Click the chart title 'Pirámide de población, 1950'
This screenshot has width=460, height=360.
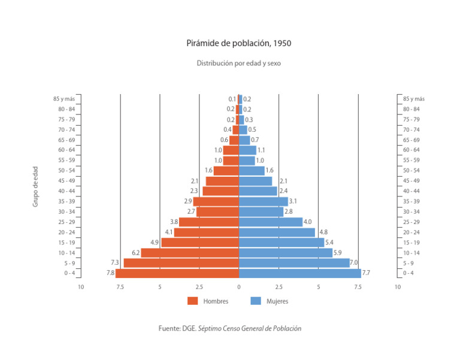tap(239, 44)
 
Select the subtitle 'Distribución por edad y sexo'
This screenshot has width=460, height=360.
tap(239, 63)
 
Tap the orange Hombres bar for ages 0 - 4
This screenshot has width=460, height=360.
tap(177, 274)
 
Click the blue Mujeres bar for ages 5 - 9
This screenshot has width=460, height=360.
tap(294, 263)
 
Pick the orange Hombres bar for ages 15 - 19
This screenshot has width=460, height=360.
tap(200, 243)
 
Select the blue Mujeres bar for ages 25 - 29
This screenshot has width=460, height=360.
tap(271, 222)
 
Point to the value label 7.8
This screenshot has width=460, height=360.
tap(110, 274)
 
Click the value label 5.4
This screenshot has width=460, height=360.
tap(329, 243)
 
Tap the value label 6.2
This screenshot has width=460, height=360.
tap(135, 253)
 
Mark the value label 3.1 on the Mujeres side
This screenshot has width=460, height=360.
tap(293, 201)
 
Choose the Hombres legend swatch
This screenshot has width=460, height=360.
tap(192, 301)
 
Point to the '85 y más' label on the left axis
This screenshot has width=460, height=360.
tap(64, 99)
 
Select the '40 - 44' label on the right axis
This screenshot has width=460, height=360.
tap(411, 191)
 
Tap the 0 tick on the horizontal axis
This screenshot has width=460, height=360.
tap(239, 287)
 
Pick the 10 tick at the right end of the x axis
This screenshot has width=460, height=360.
tap(397, 287)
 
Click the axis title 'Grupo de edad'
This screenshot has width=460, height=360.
tap(35, 187)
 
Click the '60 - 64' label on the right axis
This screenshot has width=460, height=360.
tap(411, 150)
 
